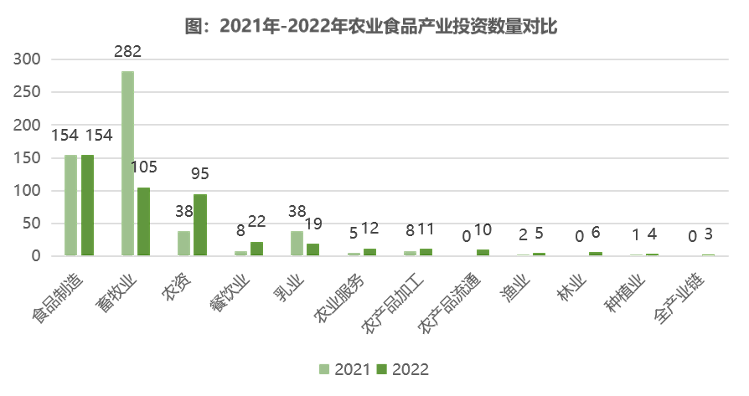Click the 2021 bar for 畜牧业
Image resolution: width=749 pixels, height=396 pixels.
127,163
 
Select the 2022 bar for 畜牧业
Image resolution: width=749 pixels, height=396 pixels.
143,221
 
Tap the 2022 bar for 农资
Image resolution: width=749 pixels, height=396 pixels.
200,224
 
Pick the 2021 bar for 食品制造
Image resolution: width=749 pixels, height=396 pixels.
71,205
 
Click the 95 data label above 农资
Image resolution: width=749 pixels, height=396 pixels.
200,174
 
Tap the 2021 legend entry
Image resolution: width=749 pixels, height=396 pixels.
344,369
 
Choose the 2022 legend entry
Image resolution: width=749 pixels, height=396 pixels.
402,369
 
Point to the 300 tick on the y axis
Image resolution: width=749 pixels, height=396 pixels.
28,59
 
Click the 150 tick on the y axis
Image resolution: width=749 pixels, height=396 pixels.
28,157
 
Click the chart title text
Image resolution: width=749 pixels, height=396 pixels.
371,26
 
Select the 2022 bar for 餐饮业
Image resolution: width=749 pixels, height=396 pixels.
256,248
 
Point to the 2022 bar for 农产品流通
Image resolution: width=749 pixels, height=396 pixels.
483,252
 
